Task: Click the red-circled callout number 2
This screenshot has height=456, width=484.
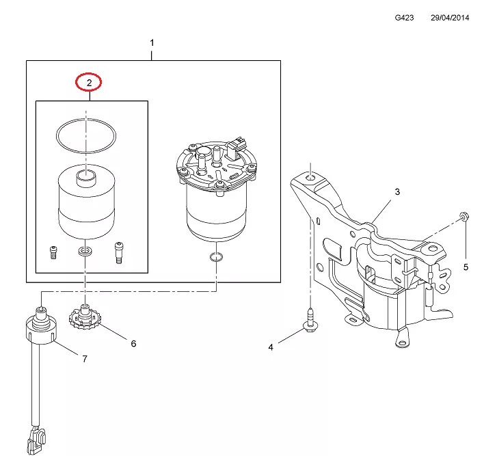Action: (x=89, y=83)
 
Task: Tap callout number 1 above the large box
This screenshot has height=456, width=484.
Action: (x=152, y=42)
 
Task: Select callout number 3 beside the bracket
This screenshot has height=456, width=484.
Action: (x=398, y=191)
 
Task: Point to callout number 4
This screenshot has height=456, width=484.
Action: (x=271, y=347)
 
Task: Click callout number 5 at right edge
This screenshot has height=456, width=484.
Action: (x=466, y=267)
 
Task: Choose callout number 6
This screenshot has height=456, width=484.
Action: (x=133, y=344)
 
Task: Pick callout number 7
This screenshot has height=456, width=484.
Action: (x=85, y=359)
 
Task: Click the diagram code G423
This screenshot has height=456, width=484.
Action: (x=404, y=18)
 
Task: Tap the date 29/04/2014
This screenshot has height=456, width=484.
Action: (x=450, y=18)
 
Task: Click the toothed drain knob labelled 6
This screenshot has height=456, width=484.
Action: (x=85, y=318)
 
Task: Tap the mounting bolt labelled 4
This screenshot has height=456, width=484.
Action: (x=311, y=321)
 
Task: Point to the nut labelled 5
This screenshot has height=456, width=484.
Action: (x=463, y=216)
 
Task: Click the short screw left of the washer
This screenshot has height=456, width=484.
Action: (x=53, y=253)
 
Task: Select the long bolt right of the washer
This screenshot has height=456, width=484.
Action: (x=119, y=252)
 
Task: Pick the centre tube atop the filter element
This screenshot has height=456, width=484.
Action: (x=86, y=178)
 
